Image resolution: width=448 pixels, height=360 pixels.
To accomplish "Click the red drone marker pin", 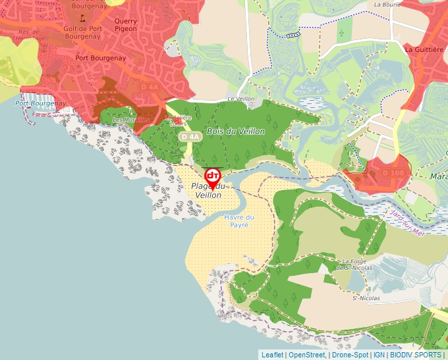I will [x=213, y=176].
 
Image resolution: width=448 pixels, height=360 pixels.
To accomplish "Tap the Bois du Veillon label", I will [x=236, y=132].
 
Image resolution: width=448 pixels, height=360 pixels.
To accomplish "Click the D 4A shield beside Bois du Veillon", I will [x=190, y=136].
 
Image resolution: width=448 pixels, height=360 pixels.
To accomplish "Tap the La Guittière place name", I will [x=423, y=49].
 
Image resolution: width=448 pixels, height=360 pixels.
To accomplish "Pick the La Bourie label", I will [x=387, y=4].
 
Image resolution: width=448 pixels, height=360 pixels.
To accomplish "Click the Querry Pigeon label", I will [x=126, y=24].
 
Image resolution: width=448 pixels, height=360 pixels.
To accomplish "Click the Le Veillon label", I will [x=240, y=99].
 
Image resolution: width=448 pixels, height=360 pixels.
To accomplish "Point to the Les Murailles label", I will [x=130, y=120].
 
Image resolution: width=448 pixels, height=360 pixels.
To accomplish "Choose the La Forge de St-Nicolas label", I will [x=354, y=264].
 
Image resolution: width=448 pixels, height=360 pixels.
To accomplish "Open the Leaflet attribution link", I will [x=273, y=355].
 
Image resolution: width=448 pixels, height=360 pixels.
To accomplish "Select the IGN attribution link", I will [x=379, y=355].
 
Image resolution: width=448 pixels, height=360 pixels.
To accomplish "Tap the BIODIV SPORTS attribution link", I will [x=416, y=355].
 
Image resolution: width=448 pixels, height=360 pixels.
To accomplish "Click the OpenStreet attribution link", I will [x=306, y=355].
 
